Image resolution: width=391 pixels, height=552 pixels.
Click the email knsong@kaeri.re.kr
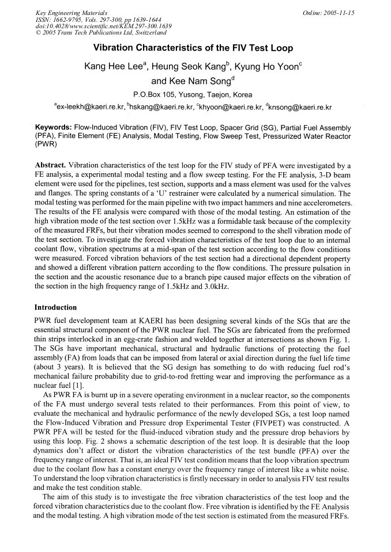pos(298,106)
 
